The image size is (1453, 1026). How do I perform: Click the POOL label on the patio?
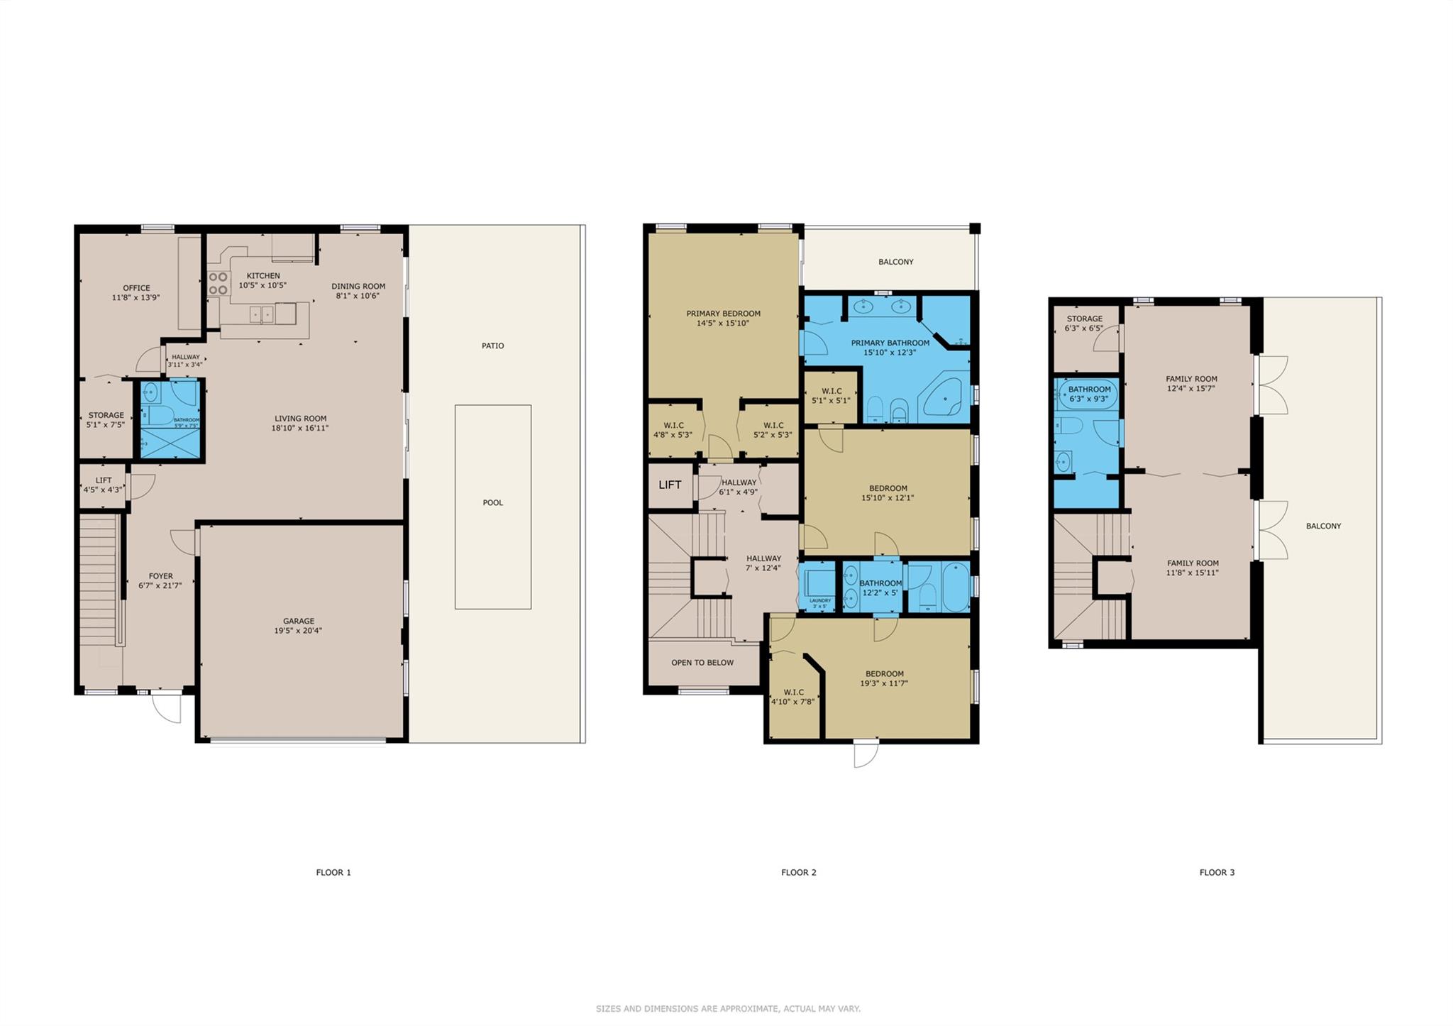(493, 502)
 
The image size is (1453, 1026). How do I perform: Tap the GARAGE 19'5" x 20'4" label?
(299, 626)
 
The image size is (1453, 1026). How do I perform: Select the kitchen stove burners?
(219, 283)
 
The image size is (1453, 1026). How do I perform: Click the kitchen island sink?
(262, 314)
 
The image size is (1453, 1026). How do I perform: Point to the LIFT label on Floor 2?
(670, 485)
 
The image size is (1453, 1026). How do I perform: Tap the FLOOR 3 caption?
(1217, 872)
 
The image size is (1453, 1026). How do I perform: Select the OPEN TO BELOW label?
(702, 663)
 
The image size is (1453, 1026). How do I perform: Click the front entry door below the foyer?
(167, 707)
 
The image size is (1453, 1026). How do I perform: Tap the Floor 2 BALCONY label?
(896, 262)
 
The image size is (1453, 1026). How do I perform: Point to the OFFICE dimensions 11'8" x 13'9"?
(136, 298)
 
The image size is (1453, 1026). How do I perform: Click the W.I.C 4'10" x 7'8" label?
(793, 697)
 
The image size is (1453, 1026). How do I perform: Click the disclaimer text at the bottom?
(728, 1008)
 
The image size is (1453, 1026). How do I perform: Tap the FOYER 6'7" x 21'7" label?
(160, 581)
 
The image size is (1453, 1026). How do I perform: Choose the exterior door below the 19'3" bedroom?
(866, 753)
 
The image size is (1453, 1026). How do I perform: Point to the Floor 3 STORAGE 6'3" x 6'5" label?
(1084, 324)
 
